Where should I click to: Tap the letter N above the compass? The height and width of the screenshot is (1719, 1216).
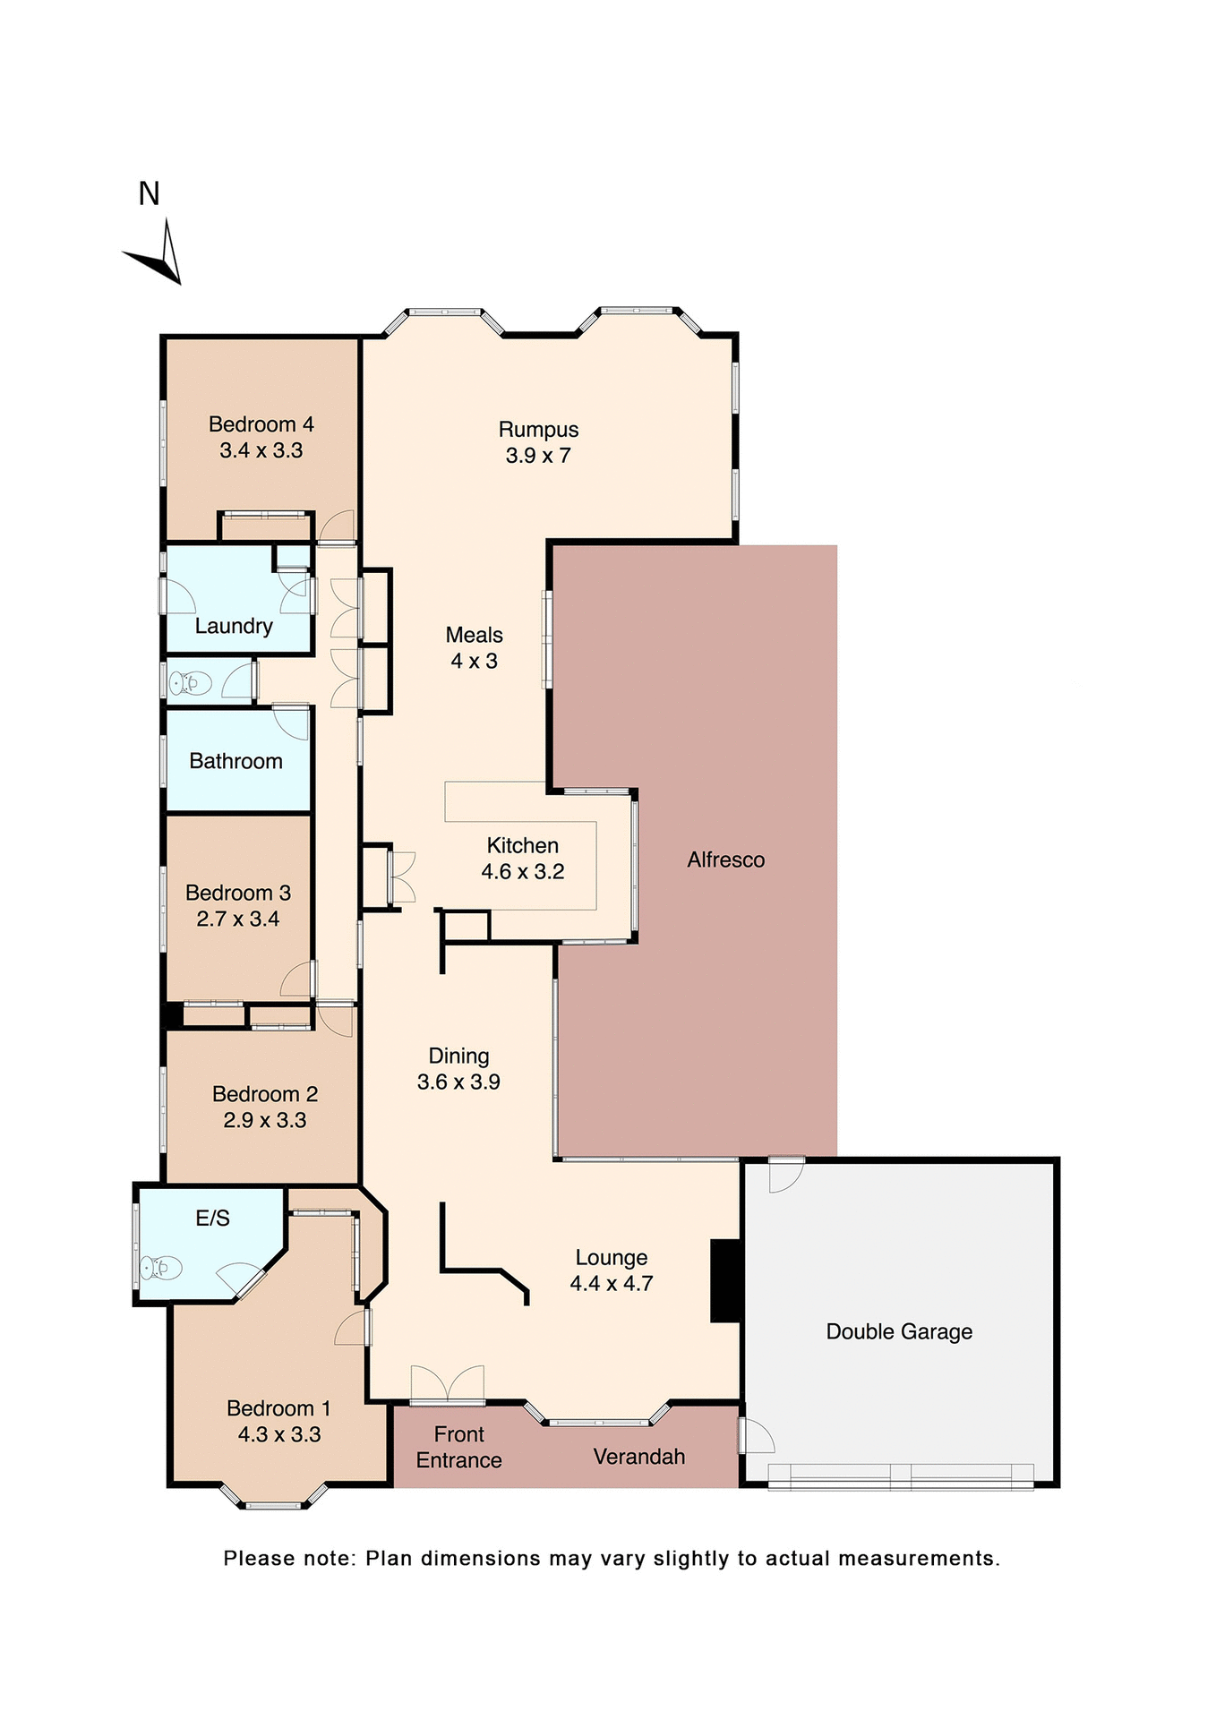pos(149,193)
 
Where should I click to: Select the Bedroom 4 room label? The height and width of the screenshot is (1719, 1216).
pos(261,424)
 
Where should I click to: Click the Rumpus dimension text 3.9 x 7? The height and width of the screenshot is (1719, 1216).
pos(537,456)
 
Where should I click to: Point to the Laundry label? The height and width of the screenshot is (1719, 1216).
pos(234,626)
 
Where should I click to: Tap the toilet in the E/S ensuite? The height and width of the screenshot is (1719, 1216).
pos(161,1268)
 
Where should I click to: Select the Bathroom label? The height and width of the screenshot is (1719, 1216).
pos(235,761)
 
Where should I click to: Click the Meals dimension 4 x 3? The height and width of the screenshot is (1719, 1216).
pos(474,662)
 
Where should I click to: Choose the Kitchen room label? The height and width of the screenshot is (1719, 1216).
pos(522,845)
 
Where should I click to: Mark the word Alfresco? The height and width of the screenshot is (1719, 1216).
pos(725,859)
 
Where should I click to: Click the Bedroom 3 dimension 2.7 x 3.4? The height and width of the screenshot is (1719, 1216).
pos(238,919)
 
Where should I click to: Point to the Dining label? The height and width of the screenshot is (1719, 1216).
pos(458,1056)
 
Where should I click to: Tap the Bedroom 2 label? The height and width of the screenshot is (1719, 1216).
pos(265,1094)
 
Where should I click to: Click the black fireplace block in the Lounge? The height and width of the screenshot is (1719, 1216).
pos(725,1280)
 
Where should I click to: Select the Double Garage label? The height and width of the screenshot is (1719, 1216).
pos(899,1331)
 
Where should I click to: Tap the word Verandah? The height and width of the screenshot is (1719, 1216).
pos(638,1457)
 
